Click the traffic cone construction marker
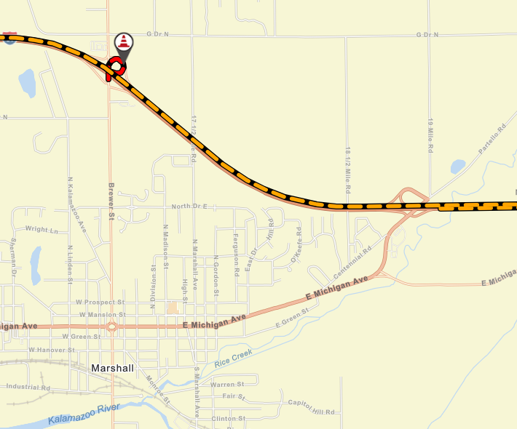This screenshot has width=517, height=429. (x=125, y=42)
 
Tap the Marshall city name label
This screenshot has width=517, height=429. (x=112, y=369)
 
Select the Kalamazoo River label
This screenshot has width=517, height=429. (x=82, y=414)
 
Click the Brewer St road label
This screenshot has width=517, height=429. (x=111, y=201)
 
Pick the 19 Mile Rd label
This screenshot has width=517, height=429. (x=430, y=135)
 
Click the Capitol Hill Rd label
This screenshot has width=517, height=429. (x=312, y=407)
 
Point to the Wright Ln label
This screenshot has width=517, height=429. (x=41, y=230)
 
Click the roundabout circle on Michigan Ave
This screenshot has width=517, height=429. (x=111, y=327)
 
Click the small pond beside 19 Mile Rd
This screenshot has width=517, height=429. (x=458, y=167)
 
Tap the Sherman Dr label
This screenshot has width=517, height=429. (x=13, y=257)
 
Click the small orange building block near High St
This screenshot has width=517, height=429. (x=172, y=308)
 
